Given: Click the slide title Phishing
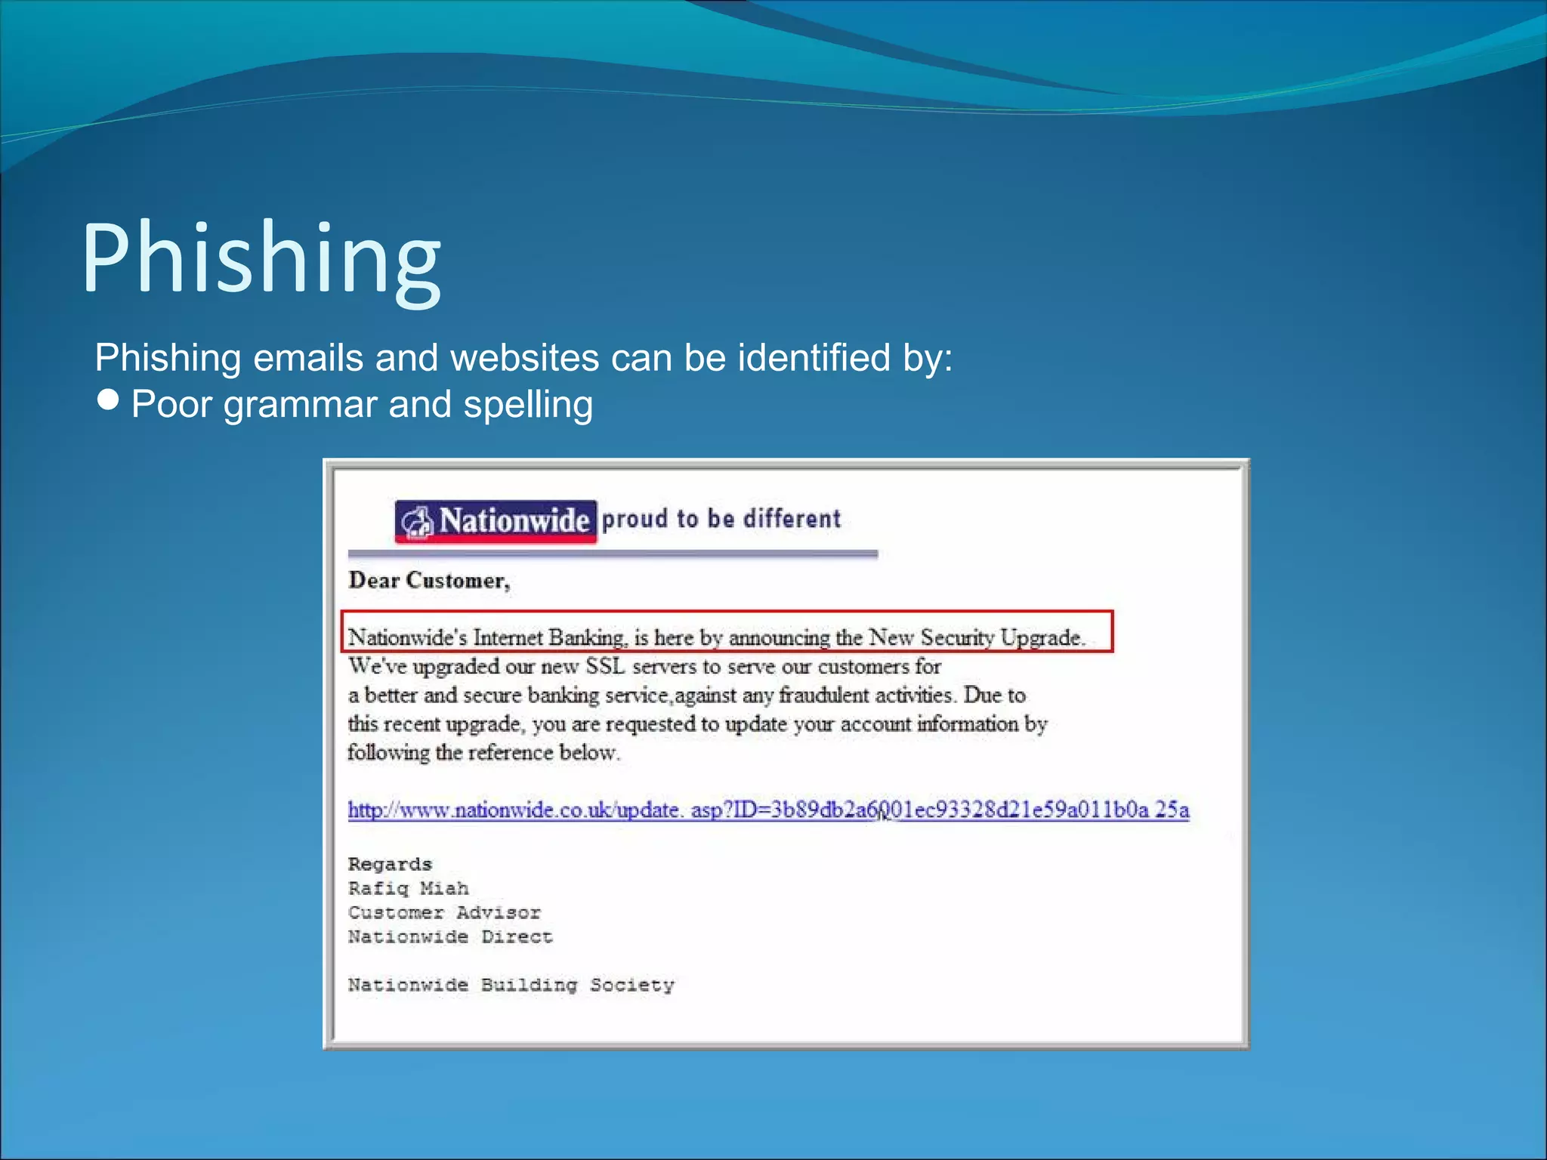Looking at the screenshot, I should point(261,258).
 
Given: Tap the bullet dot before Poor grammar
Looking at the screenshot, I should point(109,400).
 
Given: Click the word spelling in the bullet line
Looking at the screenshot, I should point(527,405).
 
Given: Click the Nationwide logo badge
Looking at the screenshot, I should point(496,521).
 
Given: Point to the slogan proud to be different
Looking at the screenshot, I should point(721,519).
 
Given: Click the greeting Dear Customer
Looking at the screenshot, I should point(429,580).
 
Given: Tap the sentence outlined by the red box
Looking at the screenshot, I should point(715,637).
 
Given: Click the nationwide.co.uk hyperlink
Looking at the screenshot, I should point(767,810).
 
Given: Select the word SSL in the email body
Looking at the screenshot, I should point(606,666).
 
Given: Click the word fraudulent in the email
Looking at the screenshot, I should point(823,695).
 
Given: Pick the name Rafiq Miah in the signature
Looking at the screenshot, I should point(408,888).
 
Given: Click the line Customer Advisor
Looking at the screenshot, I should point(444,912).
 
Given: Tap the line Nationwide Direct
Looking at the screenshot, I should point(450,936).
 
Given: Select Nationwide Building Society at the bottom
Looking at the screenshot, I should point(511,985).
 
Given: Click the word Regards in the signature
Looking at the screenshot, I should point(390,864).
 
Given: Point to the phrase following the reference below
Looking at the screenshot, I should point(483,752).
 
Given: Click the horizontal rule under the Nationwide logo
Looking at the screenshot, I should point(612,554).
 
